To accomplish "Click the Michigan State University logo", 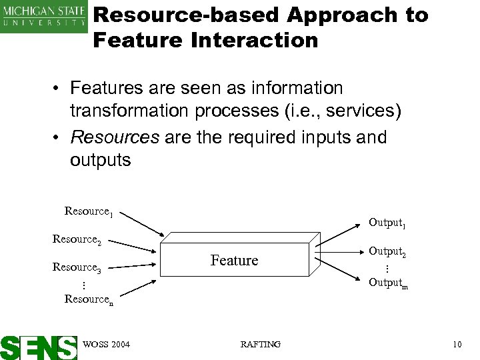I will point(44,16).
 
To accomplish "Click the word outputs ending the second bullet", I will point(101,161).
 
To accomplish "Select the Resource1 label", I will point(89,212).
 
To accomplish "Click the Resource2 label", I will point(77,239).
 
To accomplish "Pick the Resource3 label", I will point(77,268).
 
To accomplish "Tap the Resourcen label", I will point(89,300).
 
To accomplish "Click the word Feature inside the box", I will point(234,261).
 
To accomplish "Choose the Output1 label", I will point(387,222).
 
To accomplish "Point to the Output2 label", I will point(387,252).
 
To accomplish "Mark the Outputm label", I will point(388,282).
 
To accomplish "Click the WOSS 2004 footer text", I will point(107,344).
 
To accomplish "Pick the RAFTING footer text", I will point(260,344).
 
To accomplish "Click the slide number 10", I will point(457,344).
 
